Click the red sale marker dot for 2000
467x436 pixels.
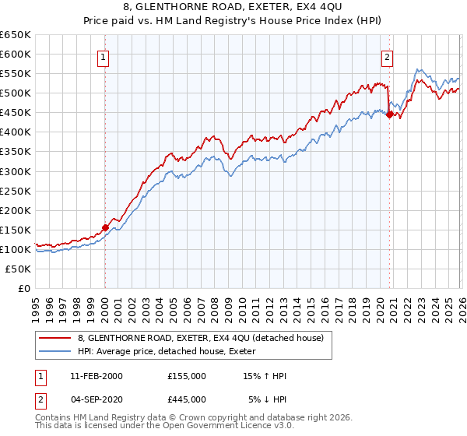tap(105, 227)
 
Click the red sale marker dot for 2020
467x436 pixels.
tap(388, 114)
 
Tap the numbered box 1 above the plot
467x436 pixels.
tap(104, 56)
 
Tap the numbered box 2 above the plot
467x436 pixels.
tap(387, 56)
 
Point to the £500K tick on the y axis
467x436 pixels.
tap(16, 93)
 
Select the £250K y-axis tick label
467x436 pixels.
tap(16, 191)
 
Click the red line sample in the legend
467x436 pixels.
tap(55, 337)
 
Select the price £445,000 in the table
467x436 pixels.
tap(186, 399)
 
